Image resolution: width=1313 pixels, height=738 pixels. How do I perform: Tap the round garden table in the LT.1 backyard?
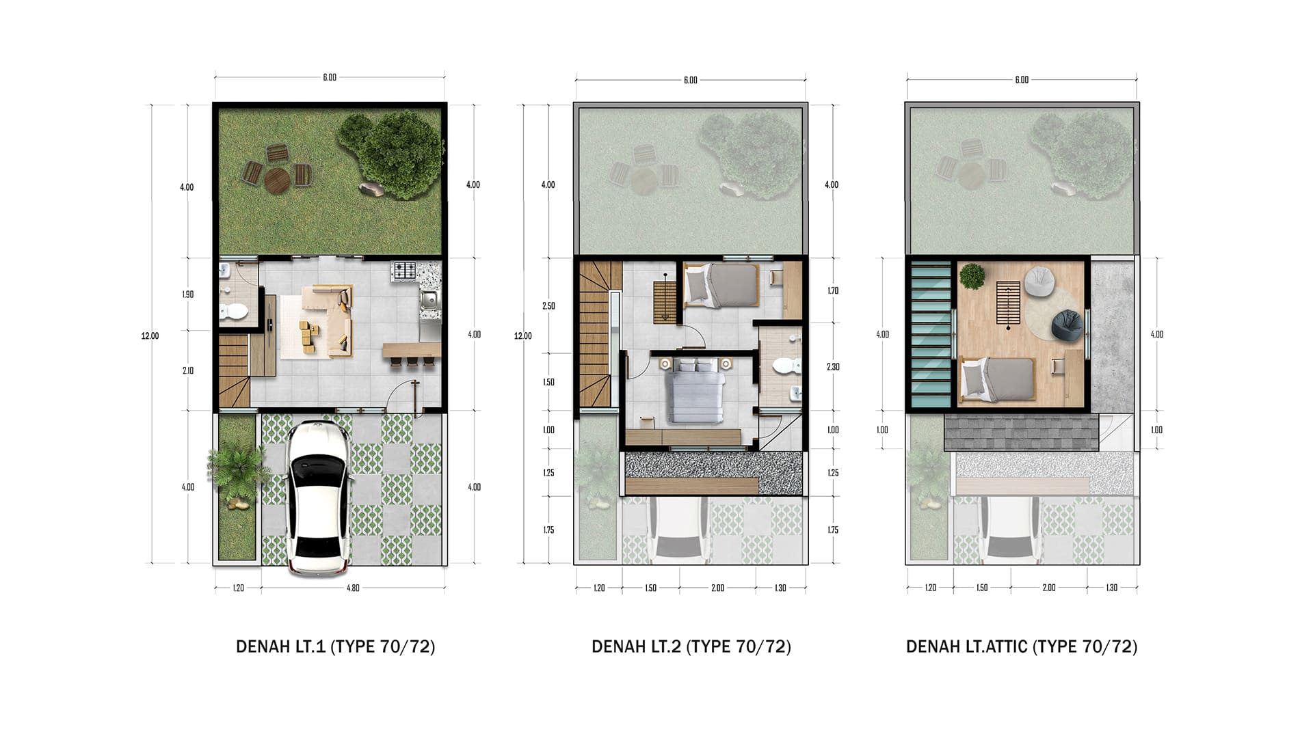tap(277, 181)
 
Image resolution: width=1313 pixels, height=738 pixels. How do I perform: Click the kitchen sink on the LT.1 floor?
tap(429, 300)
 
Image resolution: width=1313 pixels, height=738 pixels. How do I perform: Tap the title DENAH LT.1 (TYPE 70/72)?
tap(335, 646)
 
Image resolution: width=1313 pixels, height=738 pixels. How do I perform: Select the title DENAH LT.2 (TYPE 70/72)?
tap(691, 646)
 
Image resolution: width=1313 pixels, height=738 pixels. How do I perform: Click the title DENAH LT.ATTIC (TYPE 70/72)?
tap(1022, 646)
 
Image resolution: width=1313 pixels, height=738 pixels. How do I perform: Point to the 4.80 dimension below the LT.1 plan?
tap(353, 588)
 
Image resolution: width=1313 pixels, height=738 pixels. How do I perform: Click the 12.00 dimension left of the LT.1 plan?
tap(150, 336)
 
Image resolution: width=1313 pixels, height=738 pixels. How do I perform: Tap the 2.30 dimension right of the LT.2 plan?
tap(833, 367)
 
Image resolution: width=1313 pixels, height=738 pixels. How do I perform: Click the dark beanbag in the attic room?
tap(1067, 325)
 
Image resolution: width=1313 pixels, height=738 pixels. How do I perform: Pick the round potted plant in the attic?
tap(972, 276)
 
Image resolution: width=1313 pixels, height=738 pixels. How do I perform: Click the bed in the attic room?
tap(998, 379)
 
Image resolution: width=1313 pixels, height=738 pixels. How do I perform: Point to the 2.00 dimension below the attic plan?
tap(1049, 588)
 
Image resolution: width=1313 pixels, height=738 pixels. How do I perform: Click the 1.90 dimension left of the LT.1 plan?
tap(187, 295)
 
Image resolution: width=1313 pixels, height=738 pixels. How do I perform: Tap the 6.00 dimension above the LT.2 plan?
tap(691, 81)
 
